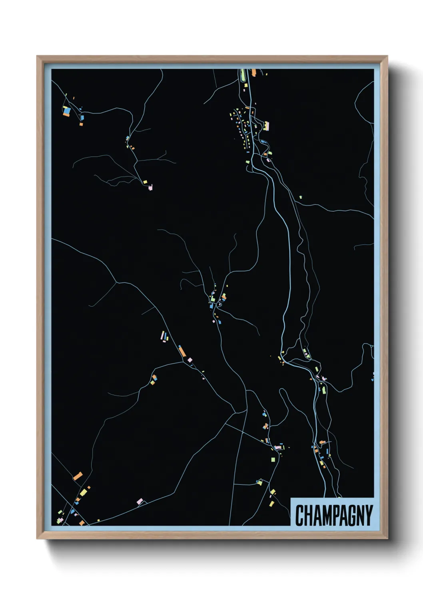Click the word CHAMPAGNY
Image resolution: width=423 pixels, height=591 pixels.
[334, 515]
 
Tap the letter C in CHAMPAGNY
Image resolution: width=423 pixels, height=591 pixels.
[299, 515]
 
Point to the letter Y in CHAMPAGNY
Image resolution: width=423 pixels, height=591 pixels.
[368, 515]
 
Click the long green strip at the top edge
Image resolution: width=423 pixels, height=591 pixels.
[243, 75]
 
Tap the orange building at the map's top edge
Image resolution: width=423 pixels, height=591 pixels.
[253, 72]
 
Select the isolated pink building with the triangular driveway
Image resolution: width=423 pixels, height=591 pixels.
[140, 501]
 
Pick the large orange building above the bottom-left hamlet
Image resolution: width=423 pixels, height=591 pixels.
[78, 476]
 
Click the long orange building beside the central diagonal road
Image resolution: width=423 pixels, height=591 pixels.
[182, 351]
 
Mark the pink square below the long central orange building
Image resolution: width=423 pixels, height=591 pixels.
[190, 360]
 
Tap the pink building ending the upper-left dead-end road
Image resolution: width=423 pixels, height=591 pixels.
[150, 187]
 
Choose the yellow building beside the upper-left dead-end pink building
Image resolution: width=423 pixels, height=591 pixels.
[146, 182]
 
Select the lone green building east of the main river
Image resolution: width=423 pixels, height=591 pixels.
[300, 197]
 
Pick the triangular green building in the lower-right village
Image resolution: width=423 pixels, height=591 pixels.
[323, 390]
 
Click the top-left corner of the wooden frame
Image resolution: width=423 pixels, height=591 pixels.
[37, 56]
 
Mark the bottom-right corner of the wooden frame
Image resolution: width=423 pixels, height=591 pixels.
[387, 538]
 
